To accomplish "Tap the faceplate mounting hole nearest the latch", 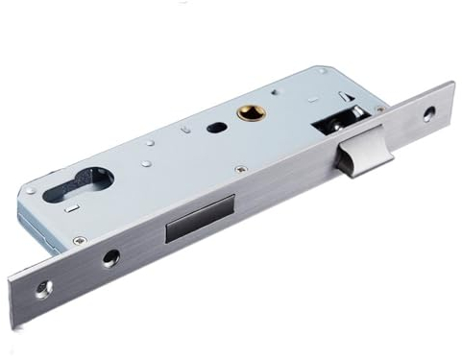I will click(427, 112).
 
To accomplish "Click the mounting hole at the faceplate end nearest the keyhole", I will click(43, 288).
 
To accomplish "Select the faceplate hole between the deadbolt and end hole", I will click(111, 256).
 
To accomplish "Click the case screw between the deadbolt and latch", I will click(240, 169).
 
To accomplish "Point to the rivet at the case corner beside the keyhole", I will click(32, 190).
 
